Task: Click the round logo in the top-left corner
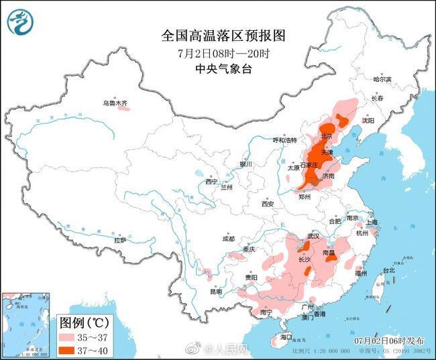21,21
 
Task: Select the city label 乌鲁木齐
115,103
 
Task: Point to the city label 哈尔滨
381,79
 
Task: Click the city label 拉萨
120,240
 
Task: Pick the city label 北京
327,136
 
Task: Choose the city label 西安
268,203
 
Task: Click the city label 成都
229,239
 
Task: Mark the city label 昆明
215,292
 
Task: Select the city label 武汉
313,236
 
